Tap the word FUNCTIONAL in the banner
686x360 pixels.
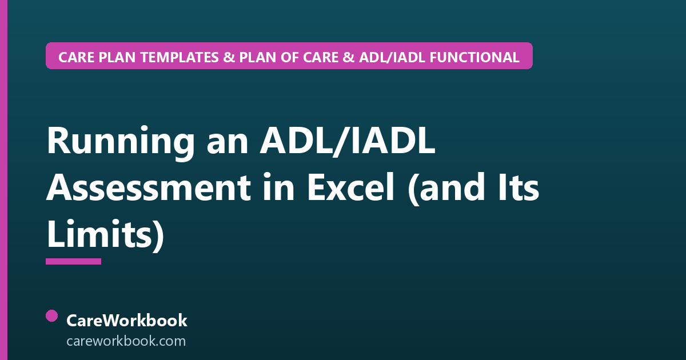(474, 57)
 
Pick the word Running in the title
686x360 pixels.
(121, 142)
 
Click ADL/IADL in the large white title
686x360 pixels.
(348, 141)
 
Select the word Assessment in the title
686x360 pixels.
(149, 187)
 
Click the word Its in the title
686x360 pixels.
(519, 187)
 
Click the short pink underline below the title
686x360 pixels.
(74, 261)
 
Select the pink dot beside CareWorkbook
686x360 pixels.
(52, 316)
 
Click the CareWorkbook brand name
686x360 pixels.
(127, 321)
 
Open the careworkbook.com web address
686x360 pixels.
(126, 341)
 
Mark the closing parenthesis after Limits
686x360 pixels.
(158, 234)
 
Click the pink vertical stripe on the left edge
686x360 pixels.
(3, 180)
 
